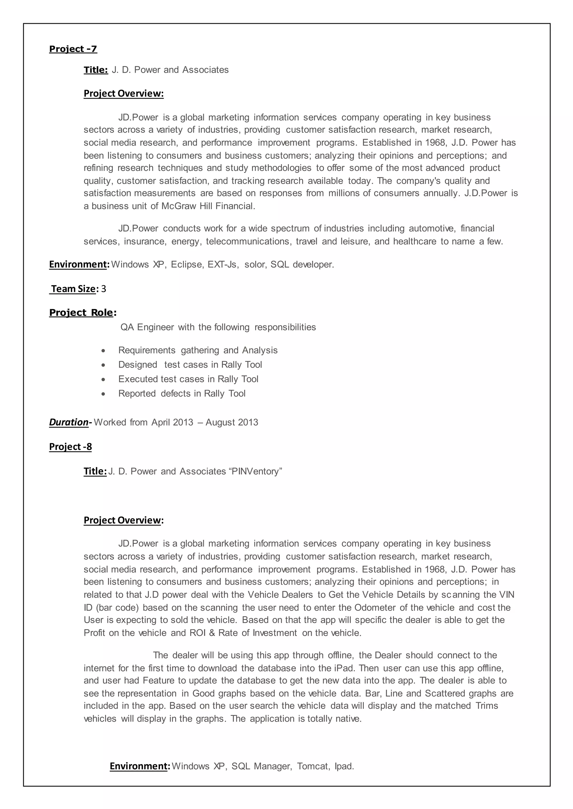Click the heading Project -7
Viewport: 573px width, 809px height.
[73, 49]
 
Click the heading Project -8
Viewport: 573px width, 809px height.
[71, 447]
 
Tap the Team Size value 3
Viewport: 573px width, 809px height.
[103, 289]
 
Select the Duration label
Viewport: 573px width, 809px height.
[69, 422]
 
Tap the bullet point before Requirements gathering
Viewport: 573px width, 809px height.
[103, 351]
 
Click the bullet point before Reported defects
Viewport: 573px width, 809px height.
[103, 394]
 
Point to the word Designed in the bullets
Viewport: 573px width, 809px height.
[138, 365]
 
